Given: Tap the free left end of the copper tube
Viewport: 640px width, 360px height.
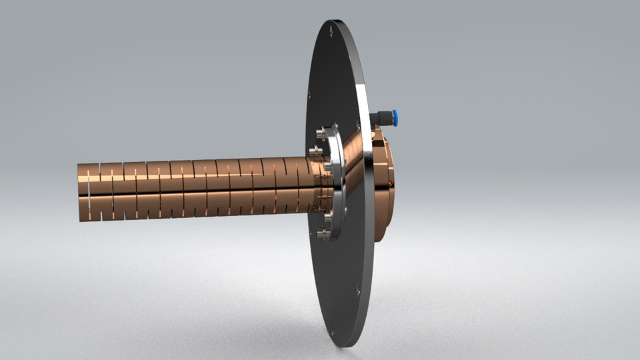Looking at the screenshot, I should click(83, 192).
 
